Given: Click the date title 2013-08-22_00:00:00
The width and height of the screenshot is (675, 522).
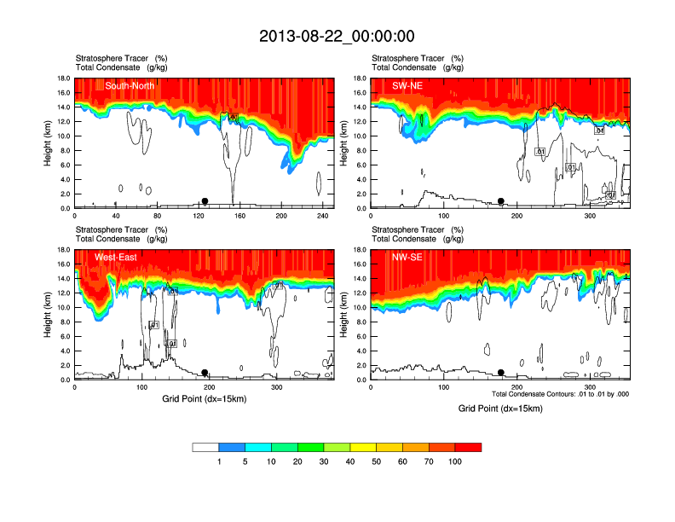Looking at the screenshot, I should (x=337, y=36).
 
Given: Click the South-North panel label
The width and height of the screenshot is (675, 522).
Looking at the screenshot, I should (x=130, y=85).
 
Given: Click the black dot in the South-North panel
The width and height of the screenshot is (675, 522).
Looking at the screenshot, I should (x=205, y=201).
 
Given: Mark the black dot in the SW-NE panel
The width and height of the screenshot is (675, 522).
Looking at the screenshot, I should (x=501, y=201).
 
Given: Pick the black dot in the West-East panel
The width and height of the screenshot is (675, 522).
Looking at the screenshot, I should (x=205, y=373).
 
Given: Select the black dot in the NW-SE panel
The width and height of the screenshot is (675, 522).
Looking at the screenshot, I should (x=501, y=373).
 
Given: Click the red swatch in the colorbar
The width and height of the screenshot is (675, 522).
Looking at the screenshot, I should (x=469, y=447).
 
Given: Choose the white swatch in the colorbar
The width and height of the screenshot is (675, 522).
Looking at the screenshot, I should (x=205, y=447).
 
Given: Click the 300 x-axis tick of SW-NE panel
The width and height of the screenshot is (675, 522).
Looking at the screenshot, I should (x=591, y=217).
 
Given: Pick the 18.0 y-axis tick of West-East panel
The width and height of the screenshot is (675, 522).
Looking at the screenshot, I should (x=62, y=250).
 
